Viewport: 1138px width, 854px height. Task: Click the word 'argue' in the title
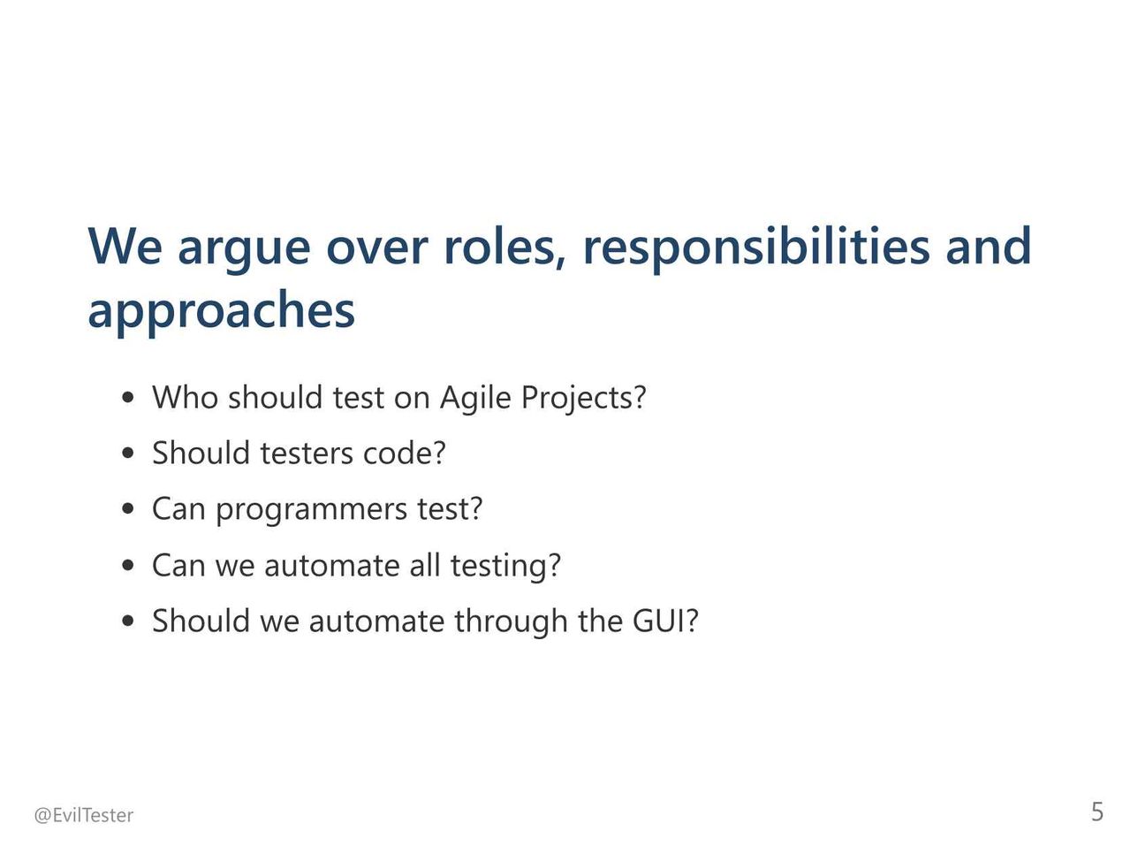[x=244, y=250]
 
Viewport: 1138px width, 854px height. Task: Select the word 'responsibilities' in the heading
[x=756, y=247]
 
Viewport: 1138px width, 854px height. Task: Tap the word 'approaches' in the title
[x=222, y=310]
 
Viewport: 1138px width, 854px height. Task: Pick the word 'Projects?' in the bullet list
[x=583, y=398]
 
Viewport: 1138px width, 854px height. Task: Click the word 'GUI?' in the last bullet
[x=665, y=621]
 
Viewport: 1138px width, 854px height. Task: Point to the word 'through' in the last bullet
[x=511, y=621]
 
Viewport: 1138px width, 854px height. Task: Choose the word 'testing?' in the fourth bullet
[x=505, y=566]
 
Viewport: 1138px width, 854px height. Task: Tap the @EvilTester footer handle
[x=83, y=816]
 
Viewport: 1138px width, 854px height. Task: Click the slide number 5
[x=1097, y=812]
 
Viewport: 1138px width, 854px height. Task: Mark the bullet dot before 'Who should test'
[x=127, y=398]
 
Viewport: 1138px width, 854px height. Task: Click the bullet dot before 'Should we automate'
[x=127, y=621]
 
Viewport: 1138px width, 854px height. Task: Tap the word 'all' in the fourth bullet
[x=425, y=565]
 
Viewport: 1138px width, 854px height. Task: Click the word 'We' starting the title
[x=125, y=247]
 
